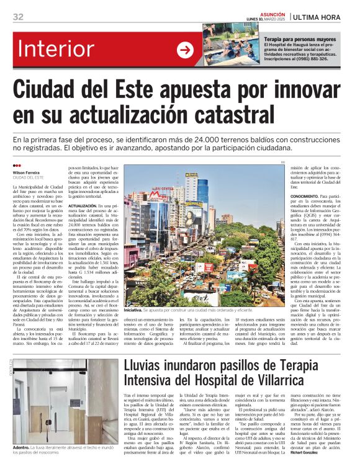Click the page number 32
tap(18, 16)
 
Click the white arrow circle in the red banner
tap(185, 50)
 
